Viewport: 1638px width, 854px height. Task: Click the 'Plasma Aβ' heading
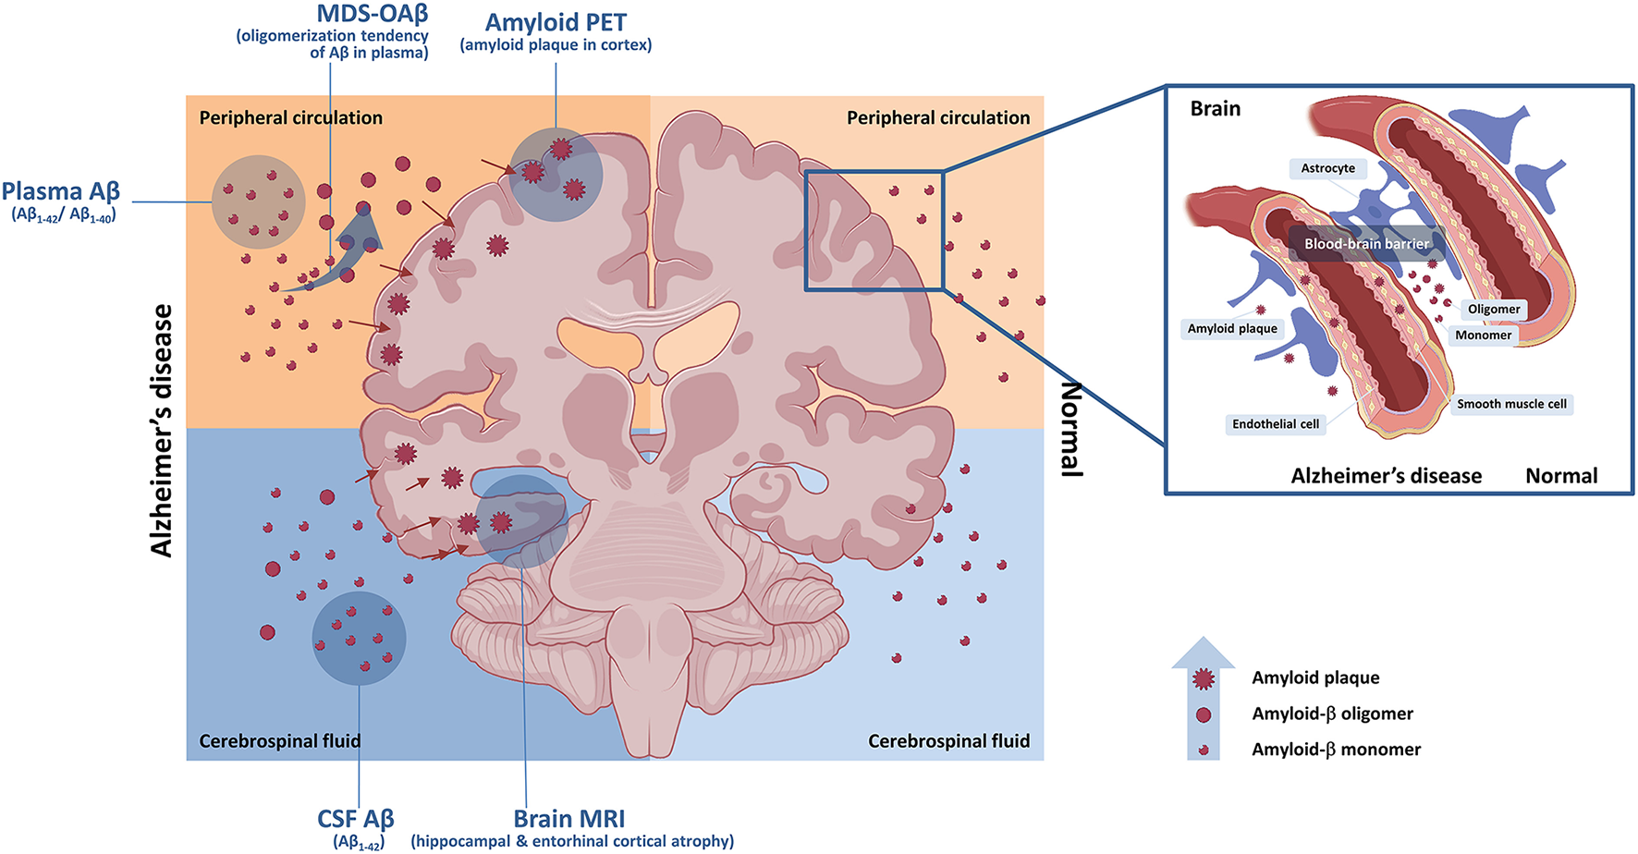61,192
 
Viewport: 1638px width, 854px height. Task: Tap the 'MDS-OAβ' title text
372,14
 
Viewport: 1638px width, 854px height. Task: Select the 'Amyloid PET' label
556,22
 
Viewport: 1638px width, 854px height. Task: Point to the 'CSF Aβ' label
356,819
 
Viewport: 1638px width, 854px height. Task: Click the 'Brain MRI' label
569,819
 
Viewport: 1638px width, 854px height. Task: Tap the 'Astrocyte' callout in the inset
1327,168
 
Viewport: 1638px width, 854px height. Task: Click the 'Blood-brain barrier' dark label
1366,244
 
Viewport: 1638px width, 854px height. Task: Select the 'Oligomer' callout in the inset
1494,309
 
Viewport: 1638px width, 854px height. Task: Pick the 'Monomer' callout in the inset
1483,335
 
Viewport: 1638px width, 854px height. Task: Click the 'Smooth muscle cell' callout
1511,404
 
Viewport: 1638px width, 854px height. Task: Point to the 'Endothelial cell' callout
1276,424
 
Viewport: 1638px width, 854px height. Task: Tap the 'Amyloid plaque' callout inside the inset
1232,328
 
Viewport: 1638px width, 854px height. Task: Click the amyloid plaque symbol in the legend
1203,679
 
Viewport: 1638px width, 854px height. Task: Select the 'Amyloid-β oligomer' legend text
1332,714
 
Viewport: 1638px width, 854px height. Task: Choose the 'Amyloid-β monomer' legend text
1336,750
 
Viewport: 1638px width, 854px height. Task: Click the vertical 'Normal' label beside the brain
1070,429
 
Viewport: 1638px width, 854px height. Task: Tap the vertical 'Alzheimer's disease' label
163,431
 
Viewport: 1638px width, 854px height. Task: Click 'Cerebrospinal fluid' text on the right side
948,741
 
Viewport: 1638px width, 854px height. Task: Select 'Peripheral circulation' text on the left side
290,118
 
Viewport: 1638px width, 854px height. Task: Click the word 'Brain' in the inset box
1215,109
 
